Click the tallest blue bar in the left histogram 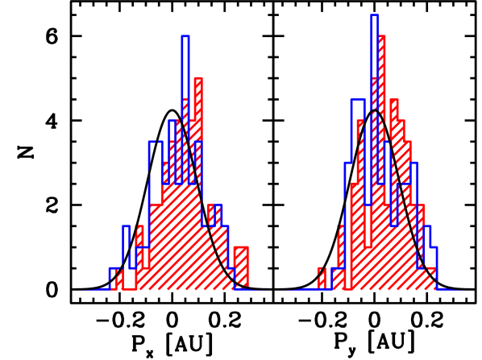pos(185,81)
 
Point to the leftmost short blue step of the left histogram pos(114,278)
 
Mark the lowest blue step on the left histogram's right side pos(232,277)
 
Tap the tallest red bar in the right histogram pos(382,81)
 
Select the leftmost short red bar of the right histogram pos(321,278)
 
